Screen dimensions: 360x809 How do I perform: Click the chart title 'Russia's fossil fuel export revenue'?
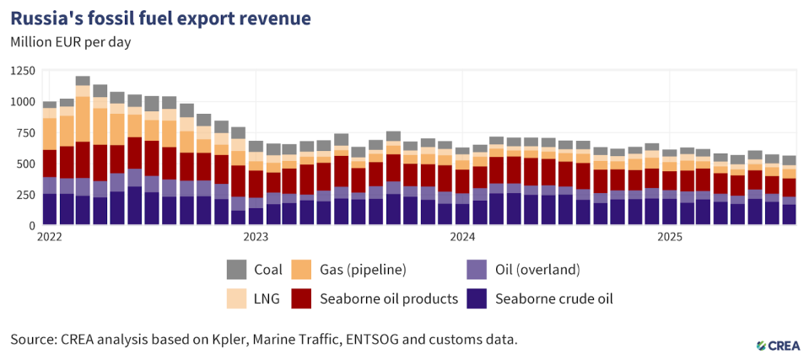(x=159, y=18)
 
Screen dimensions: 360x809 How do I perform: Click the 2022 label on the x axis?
(x=50, y=238)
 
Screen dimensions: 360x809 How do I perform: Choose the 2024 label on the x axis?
(x=463, y=238)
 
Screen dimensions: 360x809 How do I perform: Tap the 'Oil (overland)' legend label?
(x=536, y=270)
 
